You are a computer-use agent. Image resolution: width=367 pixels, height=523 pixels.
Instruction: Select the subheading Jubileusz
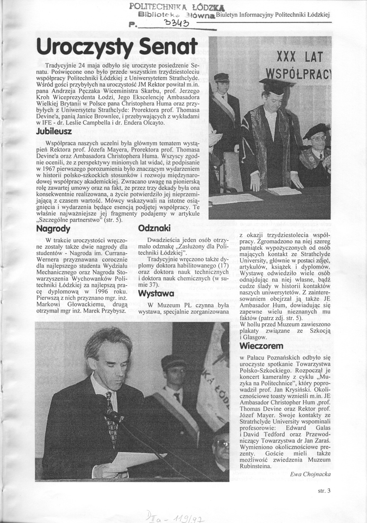point(54,132)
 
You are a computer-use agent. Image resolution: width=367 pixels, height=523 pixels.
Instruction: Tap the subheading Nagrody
point(53,229)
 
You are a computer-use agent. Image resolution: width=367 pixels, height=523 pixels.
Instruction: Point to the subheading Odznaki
point(154,229)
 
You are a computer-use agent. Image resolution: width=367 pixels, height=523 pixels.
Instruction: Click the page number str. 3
point(324,491)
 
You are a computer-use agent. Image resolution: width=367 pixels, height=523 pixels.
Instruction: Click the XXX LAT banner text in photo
point(300,57)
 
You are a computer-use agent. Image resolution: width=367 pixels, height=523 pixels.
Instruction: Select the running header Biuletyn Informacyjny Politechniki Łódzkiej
point(272,15)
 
